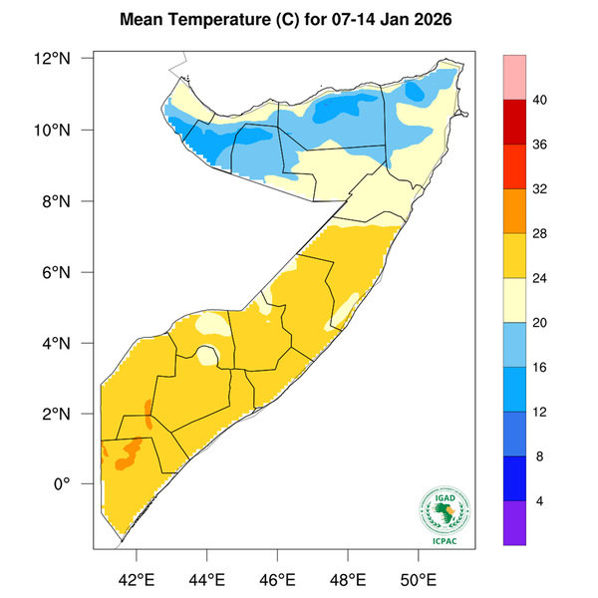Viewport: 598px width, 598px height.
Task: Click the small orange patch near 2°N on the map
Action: [149, 410]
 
